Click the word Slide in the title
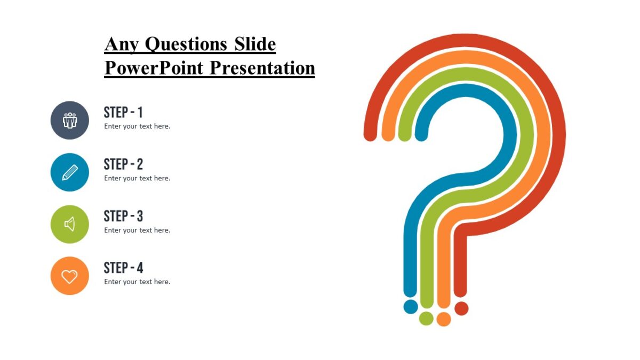pos(255,44)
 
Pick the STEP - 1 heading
pos(123,113)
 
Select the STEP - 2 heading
pos(123,164)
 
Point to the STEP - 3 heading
pos(123,216)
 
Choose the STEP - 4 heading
pos(123,268)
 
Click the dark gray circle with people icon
pos(70,121)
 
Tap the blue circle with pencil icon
pos(70,172)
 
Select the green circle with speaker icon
pos(70,224)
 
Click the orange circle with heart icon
pos(70,276)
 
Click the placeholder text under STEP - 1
pos(137,126)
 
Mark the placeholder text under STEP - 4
pos(137,282)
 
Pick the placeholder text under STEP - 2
pos(137,178)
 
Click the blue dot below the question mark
pos(411,307)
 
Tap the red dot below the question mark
pos(461,308)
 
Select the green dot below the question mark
pos(426,318)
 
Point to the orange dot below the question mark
pos(444,319)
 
